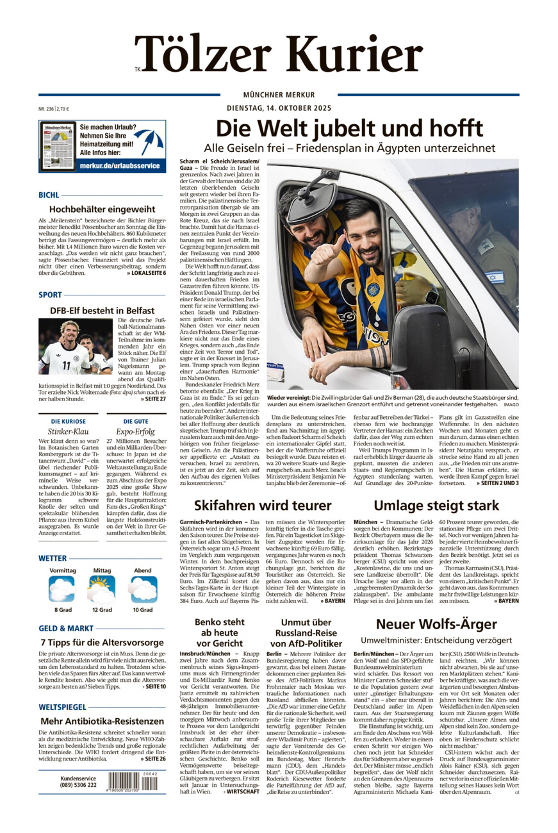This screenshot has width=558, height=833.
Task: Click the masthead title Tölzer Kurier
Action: [279, 54]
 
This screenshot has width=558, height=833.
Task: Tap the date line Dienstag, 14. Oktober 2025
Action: [278, 108]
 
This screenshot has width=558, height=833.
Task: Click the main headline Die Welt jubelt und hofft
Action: [349, 129]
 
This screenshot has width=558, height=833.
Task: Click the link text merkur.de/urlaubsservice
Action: [119, 165]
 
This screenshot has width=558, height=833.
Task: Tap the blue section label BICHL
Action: [49, 195]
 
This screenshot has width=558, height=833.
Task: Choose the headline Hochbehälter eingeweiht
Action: [102, 209]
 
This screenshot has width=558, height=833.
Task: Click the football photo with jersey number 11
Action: [76, 346]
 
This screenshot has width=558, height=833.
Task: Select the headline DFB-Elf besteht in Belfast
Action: [102, 310]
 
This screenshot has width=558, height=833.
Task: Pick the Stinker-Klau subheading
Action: [63, 432]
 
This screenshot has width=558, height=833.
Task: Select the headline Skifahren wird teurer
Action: [263, 505]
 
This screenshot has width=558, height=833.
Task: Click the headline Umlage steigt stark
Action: [436, 505]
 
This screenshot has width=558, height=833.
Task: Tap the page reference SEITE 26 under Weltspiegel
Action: [153, 759]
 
